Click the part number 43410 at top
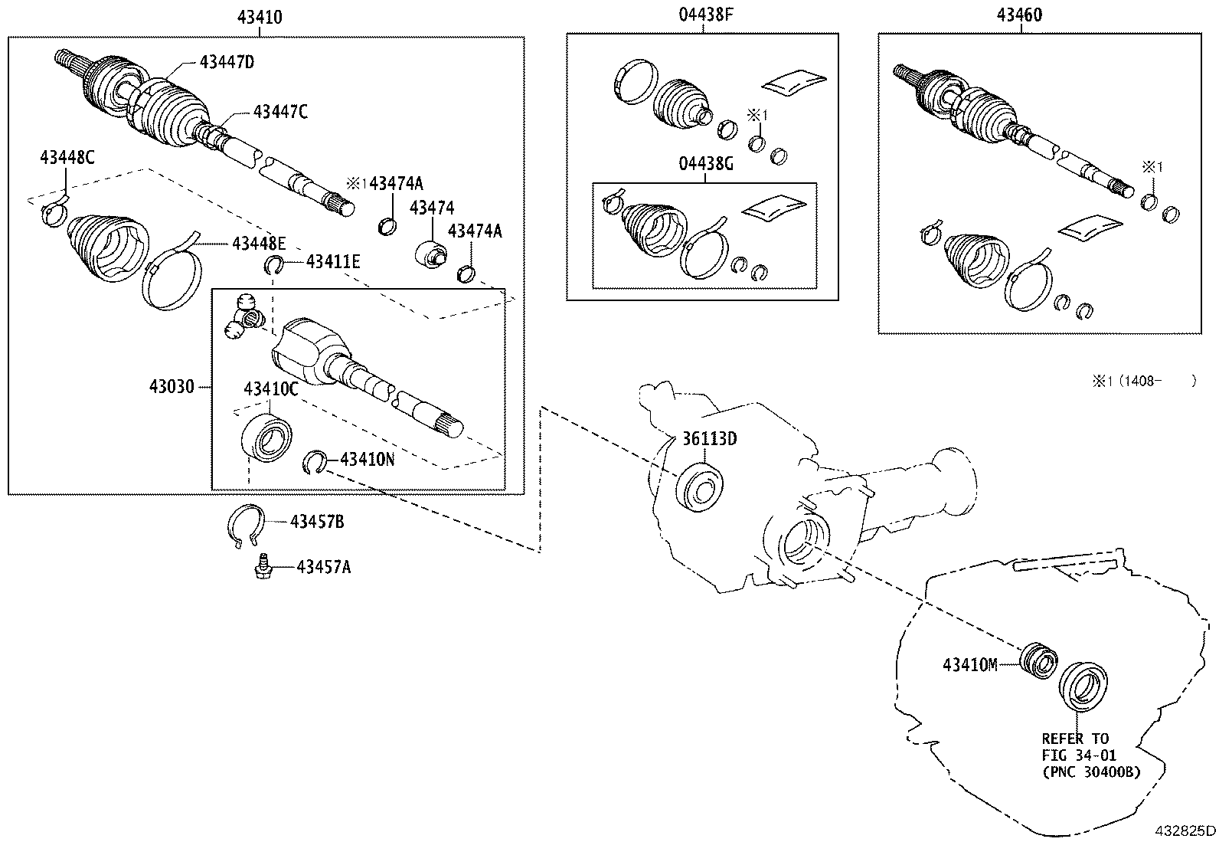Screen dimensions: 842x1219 [x=260, y=15]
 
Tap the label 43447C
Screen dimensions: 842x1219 [x=280, y=112]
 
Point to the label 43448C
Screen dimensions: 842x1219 [x=67, y=158]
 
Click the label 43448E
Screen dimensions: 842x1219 [x=259, y=244]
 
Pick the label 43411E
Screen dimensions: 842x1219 [x=333, y=262]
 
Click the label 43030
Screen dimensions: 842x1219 [x=172, y=387]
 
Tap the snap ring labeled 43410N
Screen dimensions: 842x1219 [x=314, y=462]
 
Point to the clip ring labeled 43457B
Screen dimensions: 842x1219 [x=247, y=527]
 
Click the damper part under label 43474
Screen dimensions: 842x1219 [x=431, y=254]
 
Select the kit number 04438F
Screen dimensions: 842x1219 [x=702, y=15]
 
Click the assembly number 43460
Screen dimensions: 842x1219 [x=1019, y=15]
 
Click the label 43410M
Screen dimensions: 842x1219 [x=969, y=665]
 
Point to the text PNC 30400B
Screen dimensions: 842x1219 [x=1091, y=772]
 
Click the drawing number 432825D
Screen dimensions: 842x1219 [x=1184, y=831]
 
